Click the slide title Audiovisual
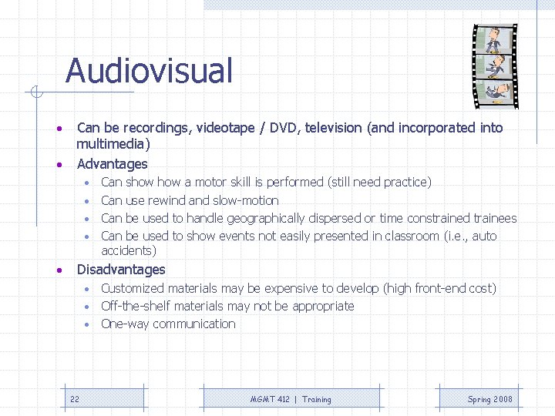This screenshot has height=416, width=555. coord(149,71)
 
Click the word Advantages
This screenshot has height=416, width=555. coord(112,164)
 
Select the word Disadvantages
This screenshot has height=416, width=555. coord(121,270)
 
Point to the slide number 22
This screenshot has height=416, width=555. coord(75,399)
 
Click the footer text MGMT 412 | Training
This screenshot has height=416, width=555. coord(291,399)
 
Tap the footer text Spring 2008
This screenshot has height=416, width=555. coord(489,399)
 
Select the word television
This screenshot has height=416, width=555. coord(335,128)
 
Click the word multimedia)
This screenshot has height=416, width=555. coord(113,144)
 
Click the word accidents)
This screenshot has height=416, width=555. coord(129,251)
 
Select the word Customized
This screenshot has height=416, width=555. coord(132,288)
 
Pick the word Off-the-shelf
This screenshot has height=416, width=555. coord(133,306)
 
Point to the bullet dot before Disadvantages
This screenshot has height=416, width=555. coord(58,270)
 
